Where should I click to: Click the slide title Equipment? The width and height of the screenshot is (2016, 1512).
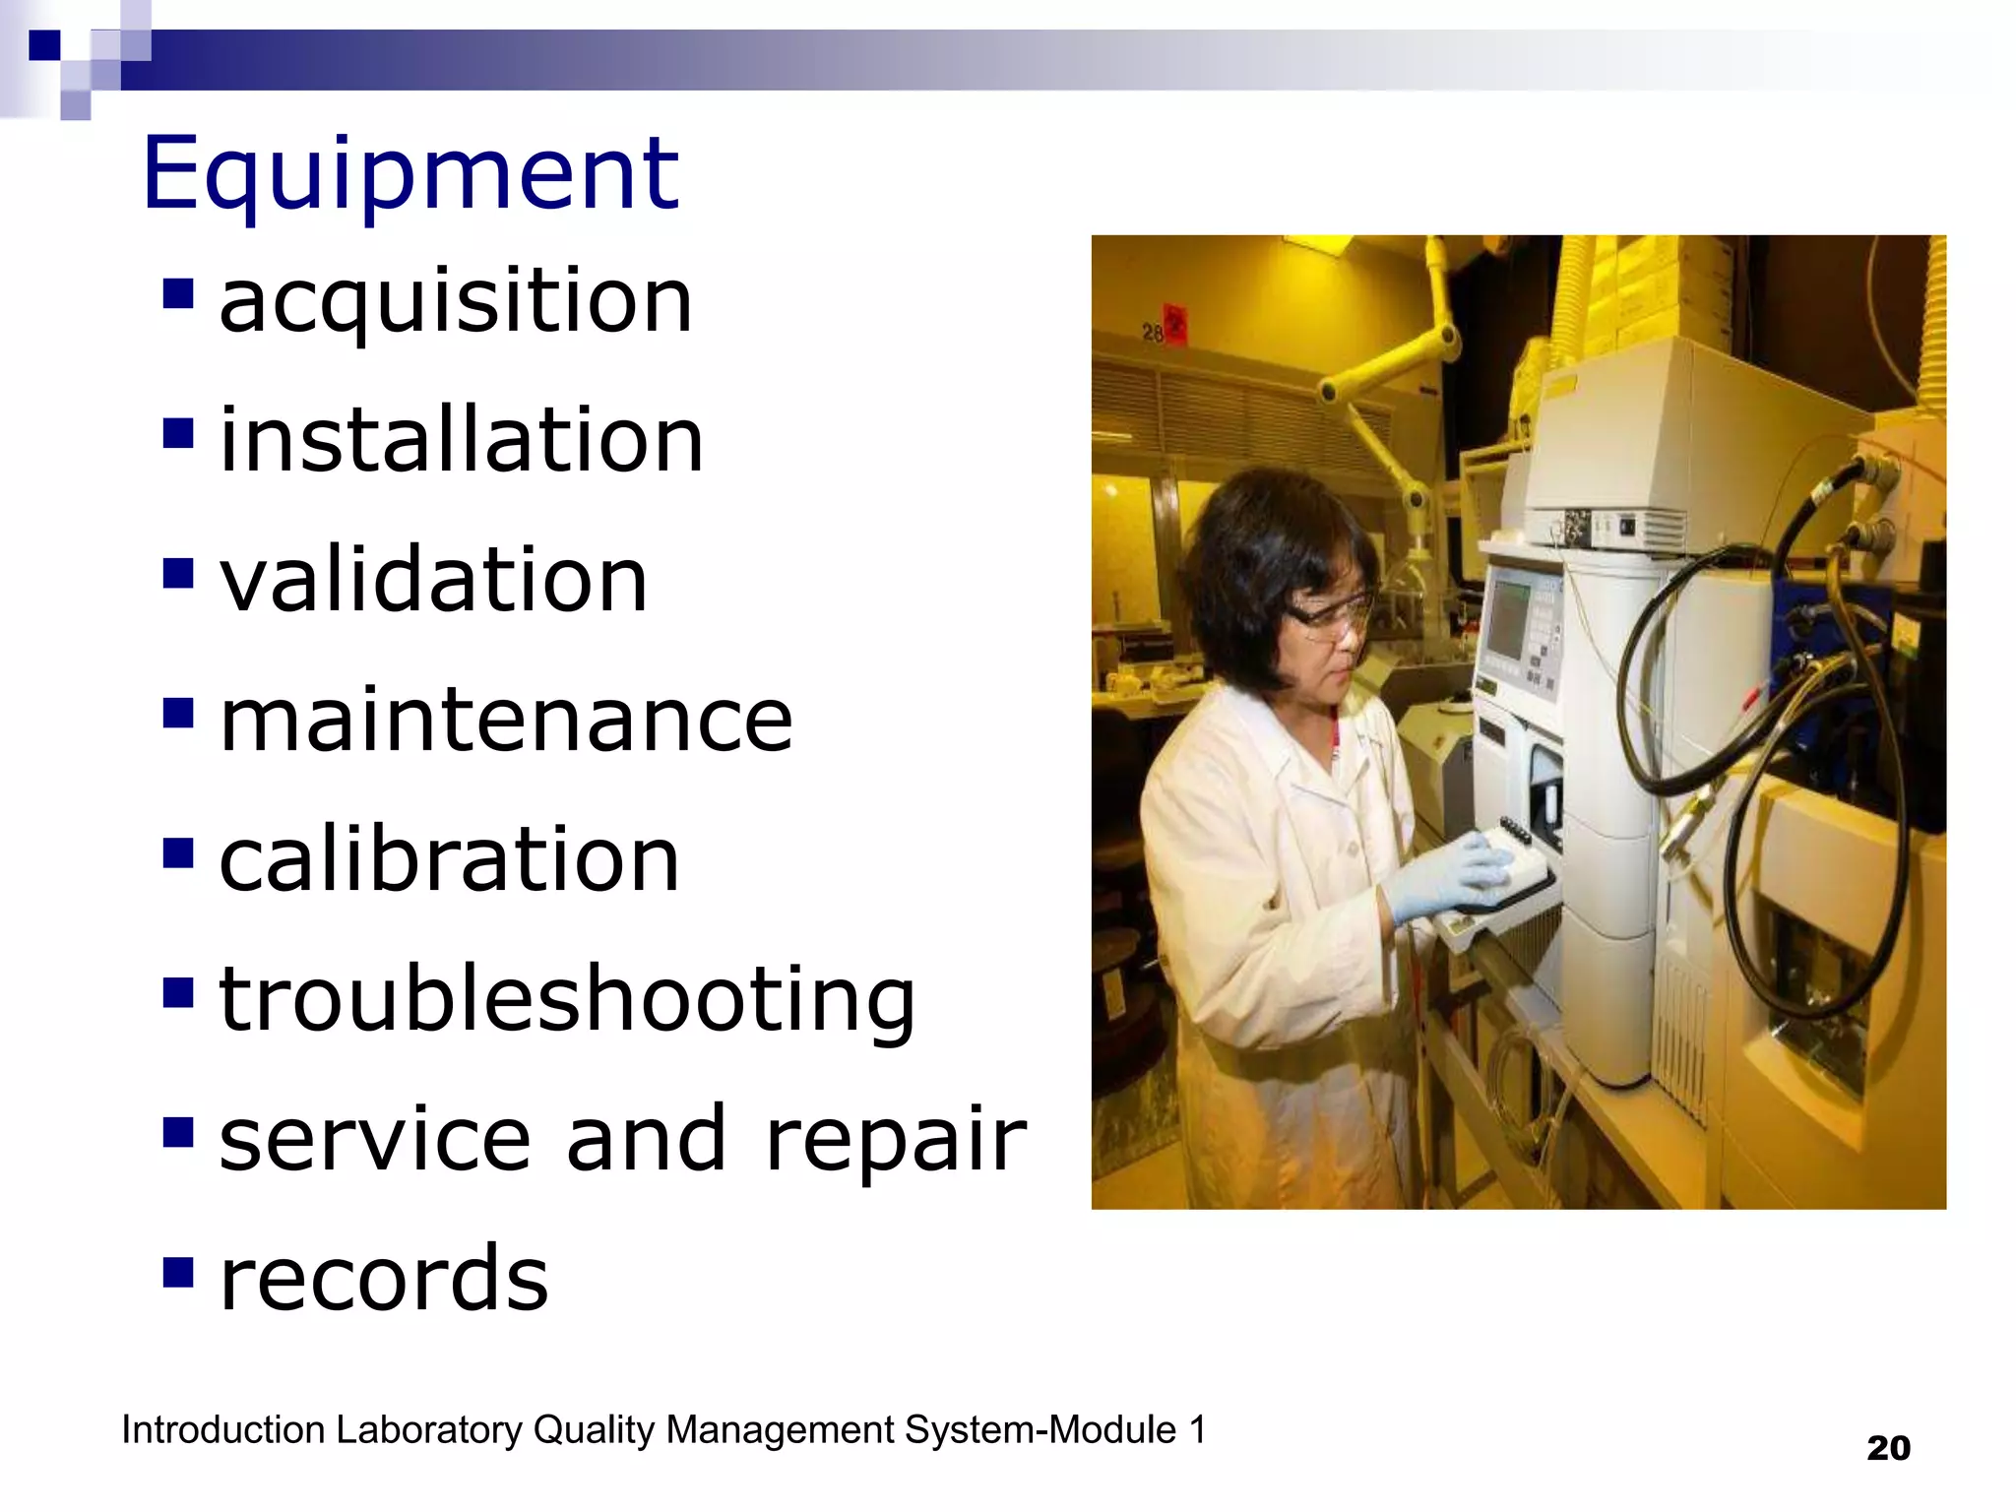(409, 173)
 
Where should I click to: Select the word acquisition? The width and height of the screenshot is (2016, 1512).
(456, 300)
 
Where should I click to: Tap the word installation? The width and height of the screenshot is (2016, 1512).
(461, 439)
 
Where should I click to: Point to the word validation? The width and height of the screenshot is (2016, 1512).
(433, 579)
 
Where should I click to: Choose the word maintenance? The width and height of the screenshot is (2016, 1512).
(505, 720)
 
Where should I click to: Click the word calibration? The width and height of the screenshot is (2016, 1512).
(449, 859)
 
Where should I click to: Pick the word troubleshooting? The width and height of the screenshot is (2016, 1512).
(567, 1000)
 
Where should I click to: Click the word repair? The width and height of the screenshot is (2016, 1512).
(895, 1140)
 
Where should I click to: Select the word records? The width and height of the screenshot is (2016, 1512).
(383, 1279)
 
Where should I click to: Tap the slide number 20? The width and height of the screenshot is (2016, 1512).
(1888, 1449)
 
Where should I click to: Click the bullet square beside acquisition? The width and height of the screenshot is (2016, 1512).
(178, 292)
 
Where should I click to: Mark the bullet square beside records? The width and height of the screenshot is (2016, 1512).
(178, 1271)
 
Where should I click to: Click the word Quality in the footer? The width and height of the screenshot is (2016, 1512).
(594, 1430)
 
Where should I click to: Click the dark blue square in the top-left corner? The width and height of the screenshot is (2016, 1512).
(44, 45)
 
